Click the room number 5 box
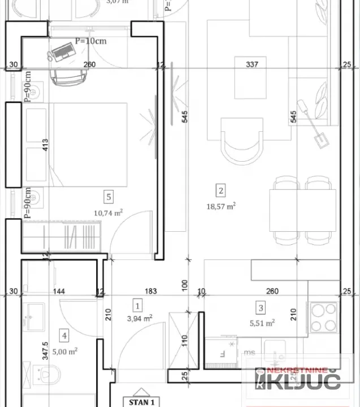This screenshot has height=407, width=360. click(109, 197)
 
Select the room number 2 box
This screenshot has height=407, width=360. click(221, 190)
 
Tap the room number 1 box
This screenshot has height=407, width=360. click(137, 306)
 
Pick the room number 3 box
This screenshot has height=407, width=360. click(261, 308)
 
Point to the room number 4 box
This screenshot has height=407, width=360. click(65, 336)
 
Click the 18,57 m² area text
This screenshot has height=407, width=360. click(221, 206)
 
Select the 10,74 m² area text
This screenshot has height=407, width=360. click(109, 213)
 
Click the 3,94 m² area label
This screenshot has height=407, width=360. click(139, 319)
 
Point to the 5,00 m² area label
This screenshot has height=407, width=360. click(65, 350)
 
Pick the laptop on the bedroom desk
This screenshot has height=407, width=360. click(62, 53)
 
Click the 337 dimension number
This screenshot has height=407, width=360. click(252, 64)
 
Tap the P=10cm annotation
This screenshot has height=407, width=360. click(90, 41)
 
